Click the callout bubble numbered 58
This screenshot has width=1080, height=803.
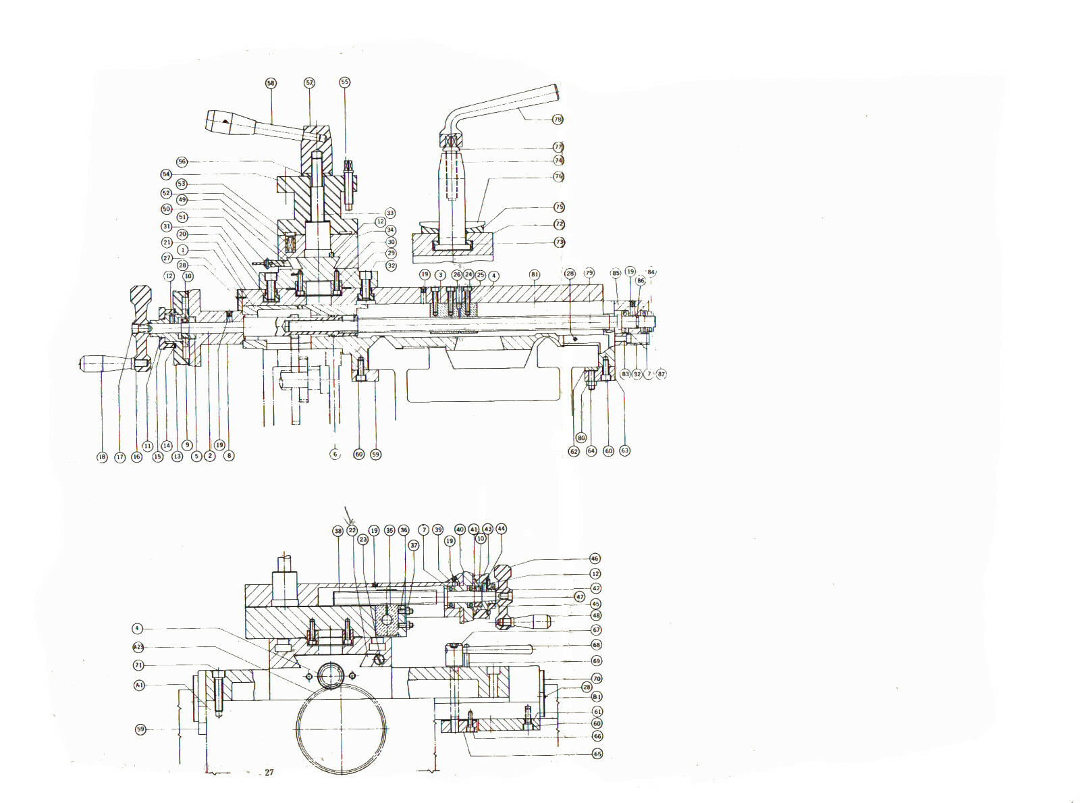(x=271, y=83)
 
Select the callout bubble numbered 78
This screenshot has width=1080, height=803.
(x=558, y=120)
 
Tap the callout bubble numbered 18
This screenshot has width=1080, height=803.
(x=102, y=457)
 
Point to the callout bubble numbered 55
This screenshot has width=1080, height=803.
(x=345, y=82)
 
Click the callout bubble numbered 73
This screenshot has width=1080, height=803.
(x=559, y=242)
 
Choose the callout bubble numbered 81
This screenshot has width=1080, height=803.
(x=535, y=275)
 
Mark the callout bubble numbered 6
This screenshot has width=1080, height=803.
(x=335, y=455)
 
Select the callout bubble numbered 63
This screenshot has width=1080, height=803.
(x=624, y=450)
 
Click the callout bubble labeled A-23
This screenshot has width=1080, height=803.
(x=138, y=647)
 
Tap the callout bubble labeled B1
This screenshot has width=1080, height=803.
(x=597, y=696)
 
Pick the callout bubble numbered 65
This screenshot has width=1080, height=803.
(x=597, y=754)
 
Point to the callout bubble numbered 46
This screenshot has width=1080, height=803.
(x=595, y=559)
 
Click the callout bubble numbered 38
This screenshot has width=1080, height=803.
(x=338, y=531)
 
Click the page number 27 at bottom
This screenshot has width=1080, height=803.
(x=269, y=773)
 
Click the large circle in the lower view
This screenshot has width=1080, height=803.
(x=342, y=729)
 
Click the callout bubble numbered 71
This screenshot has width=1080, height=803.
(x=138, y=665)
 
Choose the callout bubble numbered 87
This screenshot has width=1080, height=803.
(x=661, y=374)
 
